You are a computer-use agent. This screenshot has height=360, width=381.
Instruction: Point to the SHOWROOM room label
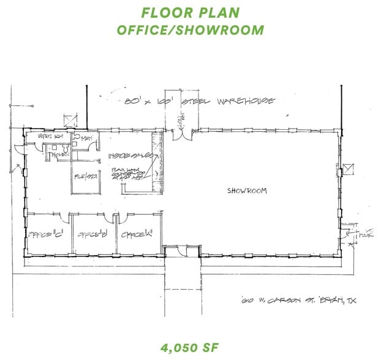coord(247,191)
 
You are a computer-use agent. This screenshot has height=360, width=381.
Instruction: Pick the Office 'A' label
coord(135,234)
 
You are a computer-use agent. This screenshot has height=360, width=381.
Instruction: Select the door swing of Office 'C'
coord(58,216)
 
